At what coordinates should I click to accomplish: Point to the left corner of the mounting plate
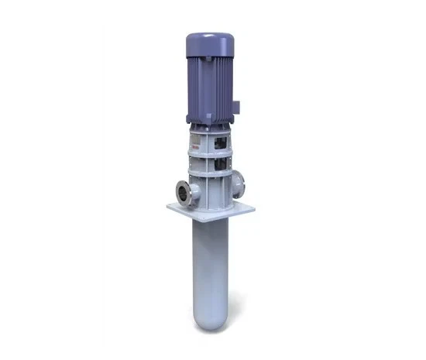[x=167, y=205]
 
